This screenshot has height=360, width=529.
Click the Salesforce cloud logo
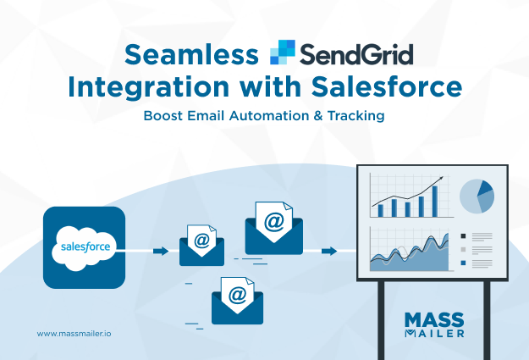84,247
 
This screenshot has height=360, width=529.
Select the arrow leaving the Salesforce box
160,251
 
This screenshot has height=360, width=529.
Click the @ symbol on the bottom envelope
238,296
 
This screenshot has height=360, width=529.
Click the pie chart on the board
477,197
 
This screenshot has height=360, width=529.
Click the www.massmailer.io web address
74,334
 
